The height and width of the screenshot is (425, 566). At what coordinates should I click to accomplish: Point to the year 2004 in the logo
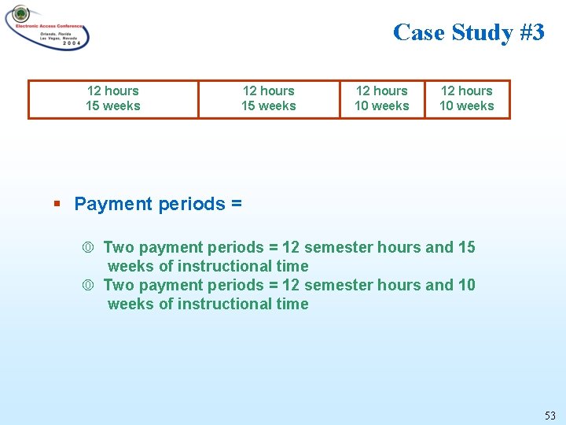(x=69, y=44)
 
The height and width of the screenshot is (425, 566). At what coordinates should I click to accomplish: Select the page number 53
(x=549, y=415)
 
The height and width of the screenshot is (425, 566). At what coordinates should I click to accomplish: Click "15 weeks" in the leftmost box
(x=112, y=106)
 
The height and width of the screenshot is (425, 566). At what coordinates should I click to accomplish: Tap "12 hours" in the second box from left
(x=269, y=91)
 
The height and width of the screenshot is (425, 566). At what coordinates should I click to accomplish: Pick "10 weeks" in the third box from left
(x=382, y=106)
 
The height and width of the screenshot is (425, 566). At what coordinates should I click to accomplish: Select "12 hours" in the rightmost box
(x=467, y=91)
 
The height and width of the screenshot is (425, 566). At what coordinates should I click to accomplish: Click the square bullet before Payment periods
(x=57, y=204)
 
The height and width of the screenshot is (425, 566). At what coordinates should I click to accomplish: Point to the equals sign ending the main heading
(x=237, y=205)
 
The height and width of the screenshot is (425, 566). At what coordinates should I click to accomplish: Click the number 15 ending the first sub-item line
(x=466, y=247)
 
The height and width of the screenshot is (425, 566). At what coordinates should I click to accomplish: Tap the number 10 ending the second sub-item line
(x=466, y=285)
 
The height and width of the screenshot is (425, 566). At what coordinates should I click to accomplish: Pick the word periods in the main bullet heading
(x=192, y=204)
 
